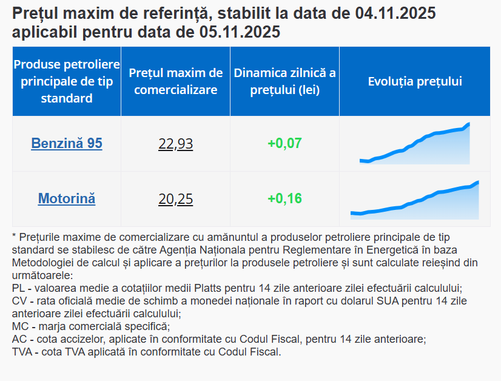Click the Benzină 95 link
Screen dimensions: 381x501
(67, 144)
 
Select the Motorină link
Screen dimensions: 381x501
(67, 198)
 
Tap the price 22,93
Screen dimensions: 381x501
(175, 144)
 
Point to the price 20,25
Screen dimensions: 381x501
(175, 199)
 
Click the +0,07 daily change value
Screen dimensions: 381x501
(284, 144)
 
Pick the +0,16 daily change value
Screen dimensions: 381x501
(284, 198)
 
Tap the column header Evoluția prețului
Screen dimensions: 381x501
(415, 81)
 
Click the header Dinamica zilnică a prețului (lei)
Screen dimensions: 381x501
(284, 81)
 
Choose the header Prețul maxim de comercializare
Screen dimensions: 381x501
(176, 81)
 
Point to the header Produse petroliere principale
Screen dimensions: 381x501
(67, 81)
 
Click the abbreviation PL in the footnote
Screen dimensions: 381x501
(18, 288)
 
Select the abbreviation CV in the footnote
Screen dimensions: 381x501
(19, 301)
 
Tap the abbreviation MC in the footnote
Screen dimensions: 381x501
(19, 326)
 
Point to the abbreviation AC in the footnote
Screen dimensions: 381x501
(19, 339)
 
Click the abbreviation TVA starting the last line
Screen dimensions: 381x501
(22, 352)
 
